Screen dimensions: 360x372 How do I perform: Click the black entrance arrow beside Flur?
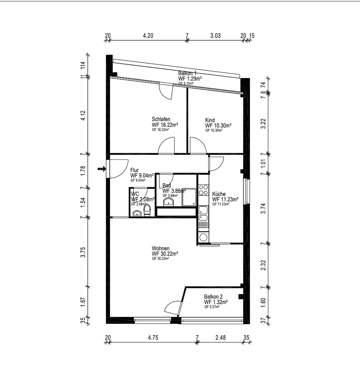[102, 169]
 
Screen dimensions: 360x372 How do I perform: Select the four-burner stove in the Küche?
[203, 190]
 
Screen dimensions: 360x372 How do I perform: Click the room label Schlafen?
[161, 119]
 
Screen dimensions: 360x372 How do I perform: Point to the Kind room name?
[210, 120]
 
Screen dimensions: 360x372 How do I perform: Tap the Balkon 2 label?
[213, 297]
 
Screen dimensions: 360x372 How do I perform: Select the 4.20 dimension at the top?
[148, 35]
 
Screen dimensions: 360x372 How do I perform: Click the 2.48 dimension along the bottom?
[220, 338]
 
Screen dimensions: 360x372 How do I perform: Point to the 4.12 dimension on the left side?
[83, 115]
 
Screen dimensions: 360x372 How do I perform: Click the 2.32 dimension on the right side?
[263, 265]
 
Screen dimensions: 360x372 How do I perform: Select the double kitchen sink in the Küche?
[203, 213]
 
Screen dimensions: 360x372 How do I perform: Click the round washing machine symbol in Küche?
[203, 237]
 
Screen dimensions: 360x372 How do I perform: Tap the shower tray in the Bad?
[189, 197]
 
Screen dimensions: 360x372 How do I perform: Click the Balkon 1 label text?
[188, 73]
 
